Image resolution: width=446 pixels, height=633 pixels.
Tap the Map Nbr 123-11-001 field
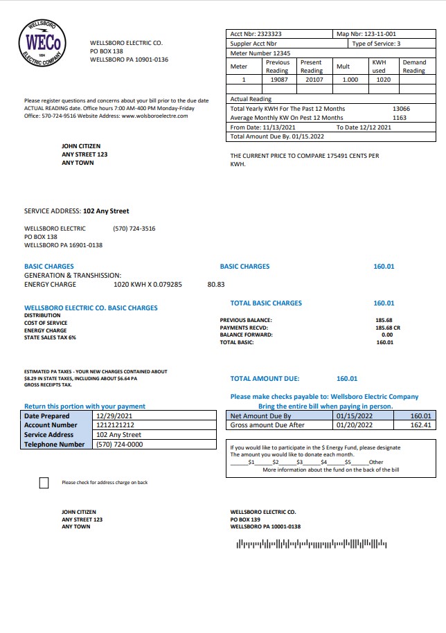(366, 33)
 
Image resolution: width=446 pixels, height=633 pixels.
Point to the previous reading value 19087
(277, 80)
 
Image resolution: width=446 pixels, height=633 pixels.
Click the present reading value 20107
(311, 80)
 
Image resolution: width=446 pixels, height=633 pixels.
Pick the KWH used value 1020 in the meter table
(383, 80)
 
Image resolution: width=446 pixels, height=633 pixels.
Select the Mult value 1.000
(350, 80)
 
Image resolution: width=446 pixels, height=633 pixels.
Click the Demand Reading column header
(413, 66)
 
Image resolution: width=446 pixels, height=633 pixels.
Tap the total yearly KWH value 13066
(401, 109)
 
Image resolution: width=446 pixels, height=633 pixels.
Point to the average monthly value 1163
(400, 118)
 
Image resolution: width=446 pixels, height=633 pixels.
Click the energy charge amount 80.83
(216, 284)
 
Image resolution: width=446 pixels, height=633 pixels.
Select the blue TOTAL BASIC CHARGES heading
(266, 303)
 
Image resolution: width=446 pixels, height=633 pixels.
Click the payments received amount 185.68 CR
(384, 328)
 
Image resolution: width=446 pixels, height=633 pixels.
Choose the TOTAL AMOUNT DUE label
(265, 379)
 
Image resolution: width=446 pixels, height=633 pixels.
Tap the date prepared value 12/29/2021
(111, 416)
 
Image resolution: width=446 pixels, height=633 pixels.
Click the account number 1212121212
(115, 425)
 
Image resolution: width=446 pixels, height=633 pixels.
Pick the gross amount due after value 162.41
(421, 425)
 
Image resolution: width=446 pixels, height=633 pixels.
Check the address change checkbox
(44, 483)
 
